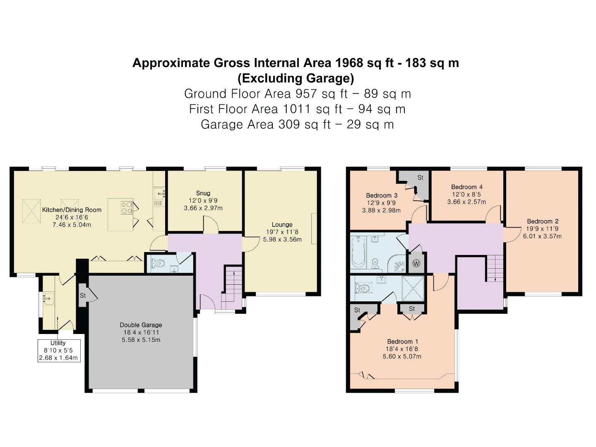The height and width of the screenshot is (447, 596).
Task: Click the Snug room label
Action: [x=203, y=193]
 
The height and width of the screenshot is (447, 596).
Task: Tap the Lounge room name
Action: [x=282, y=225]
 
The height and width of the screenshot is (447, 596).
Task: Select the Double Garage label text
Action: [x=141, y=325]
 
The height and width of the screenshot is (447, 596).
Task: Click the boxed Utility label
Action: [x=58, y=343]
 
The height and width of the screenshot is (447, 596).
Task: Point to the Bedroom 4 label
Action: [x=466, y=187]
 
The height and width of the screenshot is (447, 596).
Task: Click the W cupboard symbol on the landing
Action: [x=416, y=264]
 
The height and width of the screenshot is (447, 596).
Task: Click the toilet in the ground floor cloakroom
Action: [x=159, y=263]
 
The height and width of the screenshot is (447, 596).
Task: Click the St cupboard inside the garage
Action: [x=83, y=296]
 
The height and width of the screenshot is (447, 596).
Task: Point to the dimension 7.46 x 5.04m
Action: [x=72, y=225]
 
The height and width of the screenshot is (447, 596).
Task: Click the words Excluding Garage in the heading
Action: [x=296, y=78]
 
